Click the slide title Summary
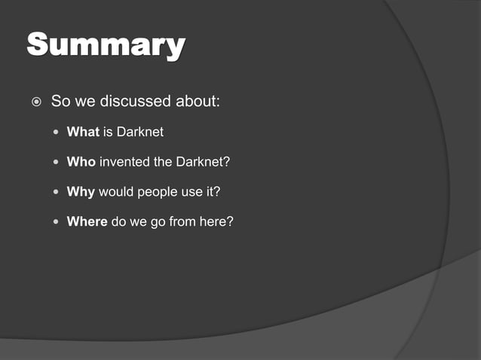pyautogui.click(x=106, y=47)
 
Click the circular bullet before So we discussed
pyautogui.click(x=34, y=101)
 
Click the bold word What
pyautogui.click(x=83, y=133)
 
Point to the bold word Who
pyautogui.click(x=81, y=162)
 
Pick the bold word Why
pyautogui.click(x=81, y=191)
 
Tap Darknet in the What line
pyautogui.click(x=139, y=133)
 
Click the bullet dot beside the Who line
pyautogui.click(x=57, y=163)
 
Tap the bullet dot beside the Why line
pyautogui.click(x=57, y=192)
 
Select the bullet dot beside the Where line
pyautogui.click(x=57, y=222)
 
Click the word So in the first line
pyautogui.click(x=60, y=101)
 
